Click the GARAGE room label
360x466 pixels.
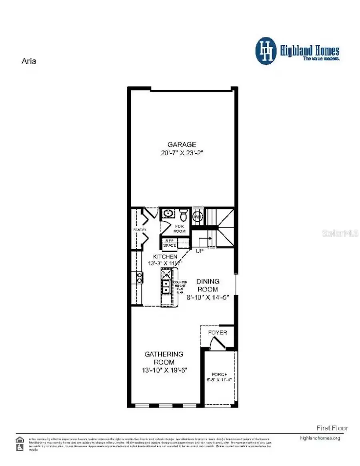182,144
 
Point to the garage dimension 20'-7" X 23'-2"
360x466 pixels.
182,153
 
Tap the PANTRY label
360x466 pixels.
140,229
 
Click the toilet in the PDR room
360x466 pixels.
183,215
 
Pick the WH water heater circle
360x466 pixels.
197,217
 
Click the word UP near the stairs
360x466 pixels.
200,251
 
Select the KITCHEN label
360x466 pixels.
165,256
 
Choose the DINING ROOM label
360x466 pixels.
207,285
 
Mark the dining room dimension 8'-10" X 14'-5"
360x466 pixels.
207,297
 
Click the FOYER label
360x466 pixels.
218,333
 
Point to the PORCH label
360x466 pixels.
220,375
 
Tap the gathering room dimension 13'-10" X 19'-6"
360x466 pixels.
164,371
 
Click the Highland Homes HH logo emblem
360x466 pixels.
266,51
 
